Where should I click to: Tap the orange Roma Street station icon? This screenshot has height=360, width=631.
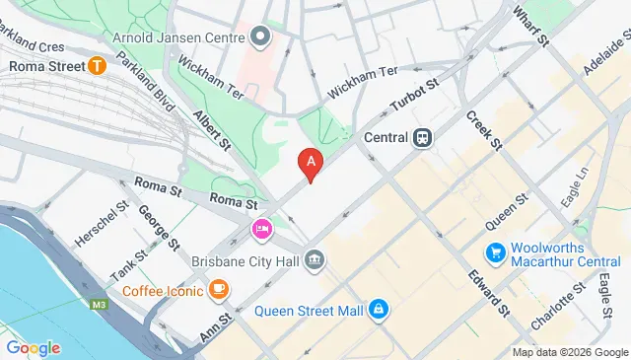click(97, 66)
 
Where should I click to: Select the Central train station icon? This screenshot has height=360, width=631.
click(423, 138)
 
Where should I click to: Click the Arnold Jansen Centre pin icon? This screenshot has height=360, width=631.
click(260, 37)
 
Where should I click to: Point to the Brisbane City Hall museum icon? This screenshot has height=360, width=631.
click(315, 259)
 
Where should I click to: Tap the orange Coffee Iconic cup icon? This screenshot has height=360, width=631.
click(219, 290)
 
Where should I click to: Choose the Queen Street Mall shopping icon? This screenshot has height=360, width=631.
click(378, 311)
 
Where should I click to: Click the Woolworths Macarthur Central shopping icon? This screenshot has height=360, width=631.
click(497, 252)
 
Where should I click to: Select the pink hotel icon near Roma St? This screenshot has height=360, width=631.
click(261, 230)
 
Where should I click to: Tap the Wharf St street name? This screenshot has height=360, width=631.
click(530, 26)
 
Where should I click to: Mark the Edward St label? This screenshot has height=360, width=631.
click(488, 293)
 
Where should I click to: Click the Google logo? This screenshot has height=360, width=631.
click(33, 347)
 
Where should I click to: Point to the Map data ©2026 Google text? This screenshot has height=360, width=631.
click(569, 352)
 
